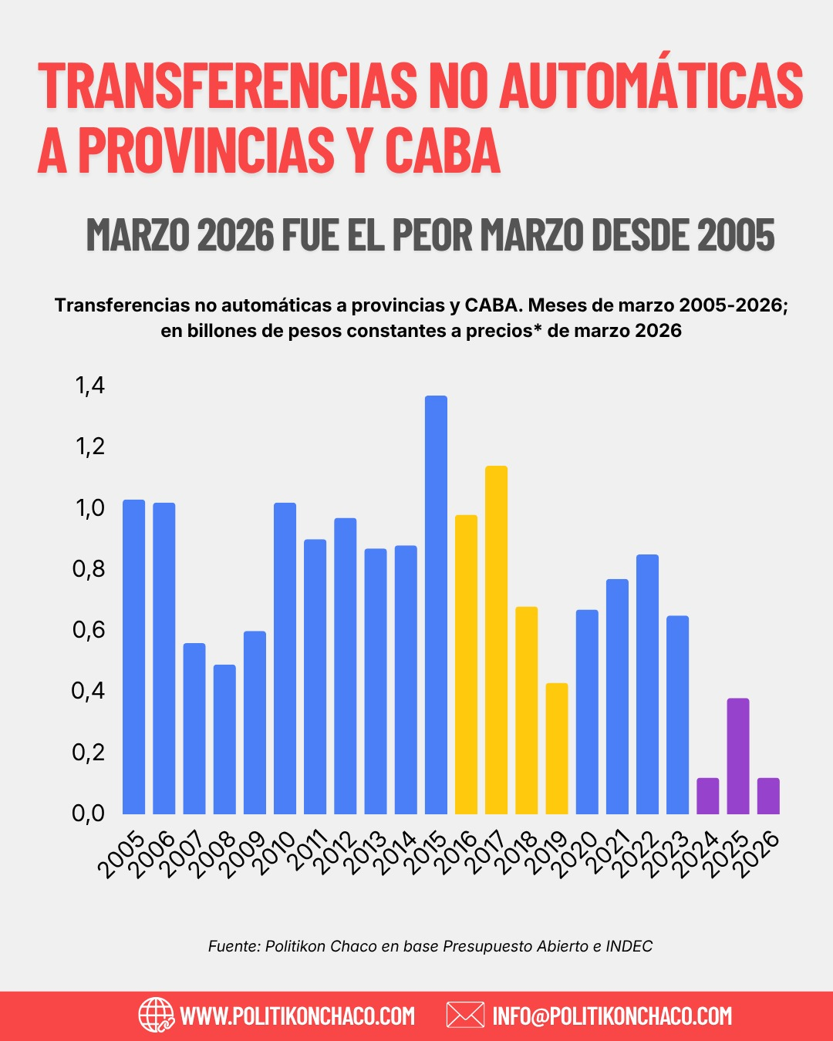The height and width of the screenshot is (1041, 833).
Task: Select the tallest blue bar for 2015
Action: pos(436,605)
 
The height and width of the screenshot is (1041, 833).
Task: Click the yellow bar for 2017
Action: pos(496,640)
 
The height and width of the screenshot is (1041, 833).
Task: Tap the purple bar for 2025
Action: pos(738,756)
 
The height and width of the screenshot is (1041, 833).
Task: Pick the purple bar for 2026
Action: pos(768,796)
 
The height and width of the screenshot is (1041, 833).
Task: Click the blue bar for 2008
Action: pos(224,739)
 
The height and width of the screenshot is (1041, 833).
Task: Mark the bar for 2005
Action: pos(133,657)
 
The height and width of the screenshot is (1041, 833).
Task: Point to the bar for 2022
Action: pos(647,684)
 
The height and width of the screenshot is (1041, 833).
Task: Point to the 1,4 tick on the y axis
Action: pos(90,386)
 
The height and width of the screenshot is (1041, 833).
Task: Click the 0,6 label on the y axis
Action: pos(89,630)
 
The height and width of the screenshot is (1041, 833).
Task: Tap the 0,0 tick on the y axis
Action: pos(89,814)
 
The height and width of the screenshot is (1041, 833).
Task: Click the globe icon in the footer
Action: pos(156,1015)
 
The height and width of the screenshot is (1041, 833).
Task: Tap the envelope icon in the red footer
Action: pos(465,1015)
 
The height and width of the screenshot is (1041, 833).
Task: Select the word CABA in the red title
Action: pos(443,150)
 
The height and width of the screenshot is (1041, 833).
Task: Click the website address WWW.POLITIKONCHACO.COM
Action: pos(297,1016)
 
